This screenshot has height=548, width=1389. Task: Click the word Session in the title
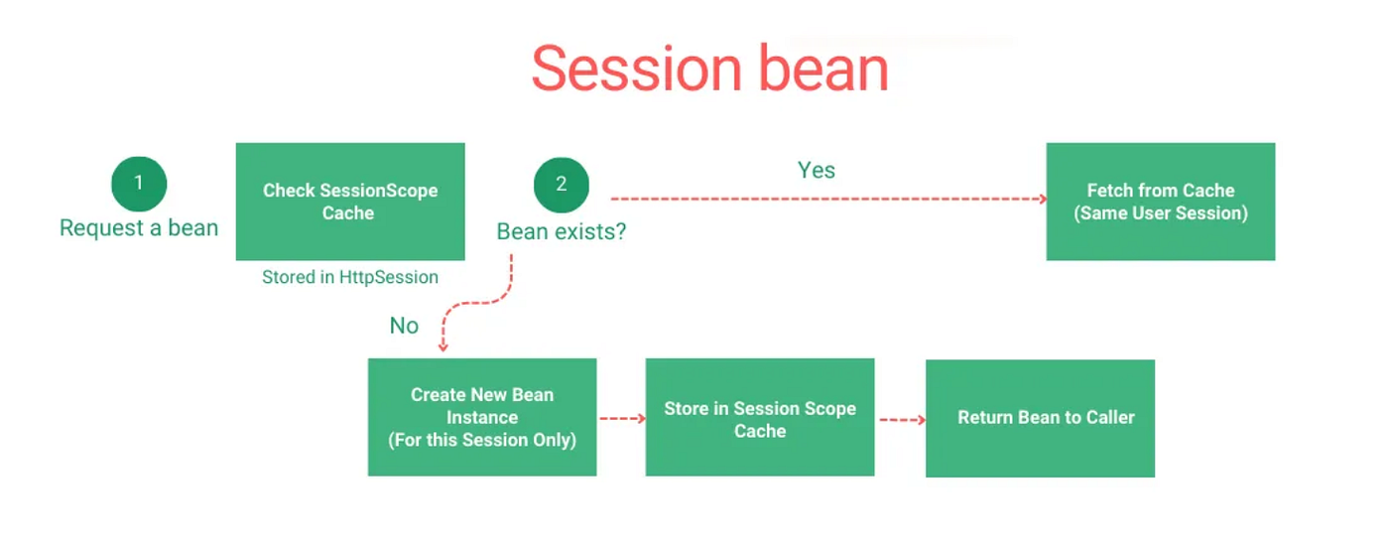point(637,68)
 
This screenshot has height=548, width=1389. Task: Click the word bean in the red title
point(824,68)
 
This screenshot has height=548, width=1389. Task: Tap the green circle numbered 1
point(139,183)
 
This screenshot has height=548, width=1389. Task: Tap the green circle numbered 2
point(562,185)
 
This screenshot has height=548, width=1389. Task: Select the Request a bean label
point(139,227)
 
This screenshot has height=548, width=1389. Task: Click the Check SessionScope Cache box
point(350,202)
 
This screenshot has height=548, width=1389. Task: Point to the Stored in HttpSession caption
point(349,277)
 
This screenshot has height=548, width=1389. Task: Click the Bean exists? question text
point(562,231)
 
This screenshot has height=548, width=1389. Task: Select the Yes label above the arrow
point(816,170)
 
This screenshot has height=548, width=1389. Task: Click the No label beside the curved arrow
point(404,326)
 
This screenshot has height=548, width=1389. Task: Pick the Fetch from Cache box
point(1161,202)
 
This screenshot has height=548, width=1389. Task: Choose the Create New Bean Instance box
point(482,417)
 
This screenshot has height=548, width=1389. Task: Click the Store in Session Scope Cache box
point(760,417)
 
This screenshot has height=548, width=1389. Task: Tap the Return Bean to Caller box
point(1041,418)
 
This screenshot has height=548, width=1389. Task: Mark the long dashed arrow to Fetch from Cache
point(829,199)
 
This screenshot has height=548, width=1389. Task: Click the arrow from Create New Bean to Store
point(623,418)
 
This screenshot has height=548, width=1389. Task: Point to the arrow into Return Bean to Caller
point(903,420)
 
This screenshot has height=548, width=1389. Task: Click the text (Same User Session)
point(1161,212)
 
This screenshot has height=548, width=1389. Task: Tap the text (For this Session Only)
point(482,440)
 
